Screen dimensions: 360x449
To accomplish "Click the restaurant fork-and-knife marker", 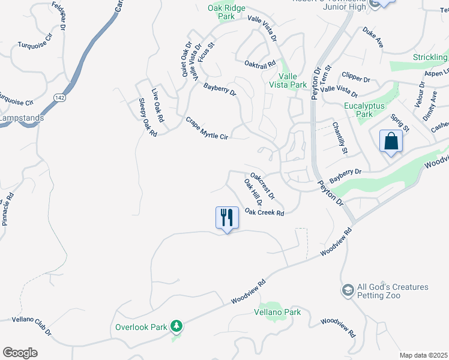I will click(227, 217).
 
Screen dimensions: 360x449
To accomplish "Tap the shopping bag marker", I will click(391, 142).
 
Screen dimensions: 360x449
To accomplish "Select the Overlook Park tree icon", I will click(176, 326).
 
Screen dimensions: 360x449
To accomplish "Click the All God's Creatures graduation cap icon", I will click(348, 291).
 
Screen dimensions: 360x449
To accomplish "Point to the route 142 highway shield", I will click(59, 97).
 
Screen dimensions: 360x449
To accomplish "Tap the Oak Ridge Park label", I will click(221, 12).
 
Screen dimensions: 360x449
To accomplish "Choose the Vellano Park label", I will click(277, 313).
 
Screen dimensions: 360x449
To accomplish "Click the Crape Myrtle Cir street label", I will click(207, 128).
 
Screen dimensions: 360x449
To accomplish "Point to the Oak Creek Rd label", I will click(264, 213).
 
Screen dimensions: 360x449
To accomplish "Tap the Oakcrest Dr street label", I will click(262, 186).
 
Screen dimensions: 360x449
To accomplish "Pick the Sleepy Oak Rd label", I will click(147, 118).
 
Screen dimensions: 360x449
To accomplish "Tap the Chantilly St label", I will click(340, 139).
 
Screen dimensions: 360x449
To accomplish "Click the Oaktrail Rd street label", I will click(259, 63).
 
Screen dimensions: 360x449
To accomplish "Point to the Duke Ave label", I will click(373, 37).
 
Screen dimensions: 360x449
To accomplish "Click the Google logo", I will click(20, 353).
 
